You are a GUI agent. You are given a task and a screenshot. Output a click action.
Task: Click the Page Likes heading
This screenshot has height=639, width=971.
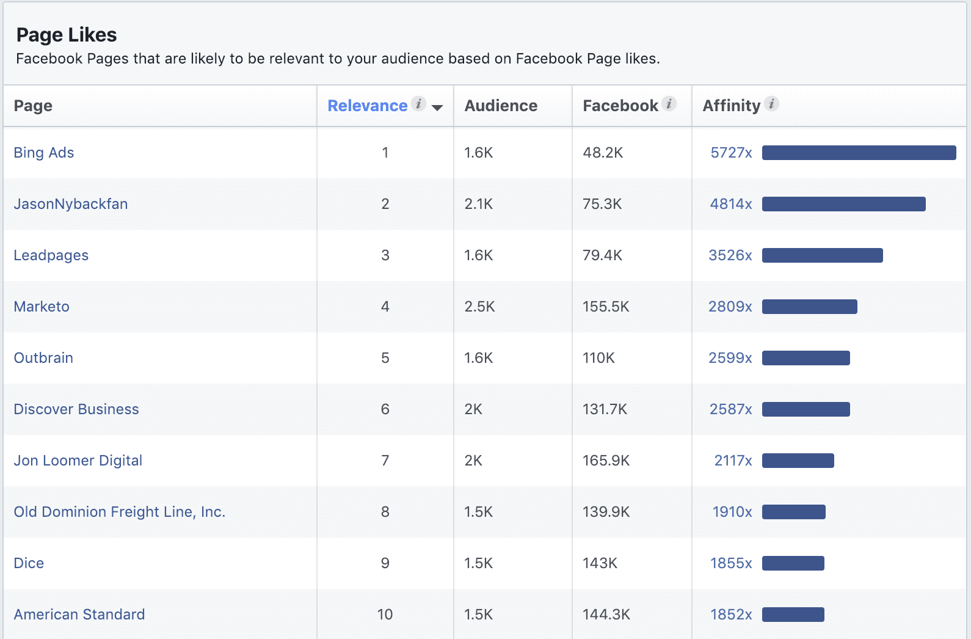67,35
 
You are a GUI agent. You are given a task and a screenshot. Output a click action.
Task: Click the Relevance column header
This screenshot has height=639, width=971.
367,106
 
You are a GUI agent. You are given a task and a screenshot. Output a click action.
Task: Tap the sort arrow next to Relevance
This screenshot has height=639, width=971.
437,108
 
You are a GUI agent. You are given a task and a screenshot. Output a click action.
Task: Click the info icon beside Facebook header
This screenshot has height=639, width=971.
669,104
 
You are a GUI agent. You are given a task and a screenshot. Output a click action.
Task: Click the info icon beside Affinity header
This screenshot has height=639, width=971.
772,104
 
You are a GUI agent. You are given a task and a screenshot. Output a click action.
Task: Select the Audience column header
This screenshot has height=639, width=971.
501,106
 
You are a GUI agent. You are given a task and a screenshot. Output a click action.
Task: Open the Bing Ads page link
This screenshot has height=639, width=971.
44,153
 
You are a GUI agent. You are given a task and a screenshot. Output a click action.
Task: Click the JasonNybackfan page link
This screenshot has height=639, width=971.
71,204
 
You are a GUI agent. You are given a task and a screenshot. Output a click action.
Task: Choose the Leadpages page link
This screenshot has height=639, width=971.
51,255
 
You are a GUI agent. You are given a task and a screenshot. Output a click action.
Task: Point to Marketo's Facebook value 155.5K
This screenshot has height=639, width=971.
606,307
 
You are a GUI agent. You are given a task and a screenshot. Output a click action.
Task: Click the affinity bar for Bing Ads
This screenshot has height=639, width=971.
859,153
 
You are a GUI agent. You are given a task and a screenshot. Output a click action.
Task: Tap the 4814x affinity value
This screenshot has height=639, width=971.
731,204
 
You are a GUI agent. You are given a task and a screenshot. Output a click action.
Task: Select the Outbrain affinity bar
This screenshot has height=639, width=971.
806,358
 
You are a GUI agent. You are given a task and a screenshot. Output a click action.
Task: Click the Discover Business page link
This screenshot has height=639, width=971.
76,409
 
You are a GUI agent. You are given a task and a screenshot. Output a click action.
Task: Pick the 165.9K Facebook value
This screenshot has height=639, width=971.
606,461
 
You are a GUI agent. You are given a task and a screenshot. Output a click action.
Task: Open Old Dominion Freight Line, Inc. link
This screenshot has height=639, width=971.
120,512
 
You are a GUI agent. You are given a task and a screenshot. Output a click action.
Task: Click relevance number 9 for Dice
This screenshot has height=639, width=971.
385,563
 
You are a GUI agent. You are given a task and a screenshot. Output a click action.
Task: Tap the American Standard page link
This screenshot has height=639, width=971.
79,615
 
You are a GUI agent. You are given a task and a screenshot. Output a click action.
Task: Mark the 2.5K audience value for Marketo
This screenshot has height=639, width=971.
479,307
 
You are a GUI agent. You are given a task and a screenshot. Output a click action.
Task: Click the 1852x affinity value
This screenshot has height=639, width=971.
731,615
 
